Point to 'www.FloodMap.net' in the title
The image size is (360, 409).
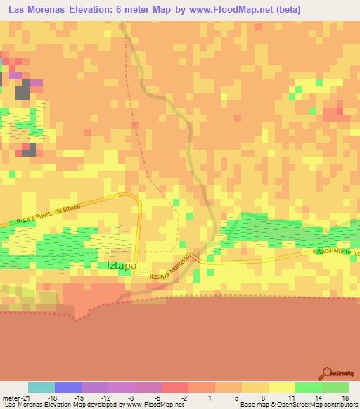point(229,10)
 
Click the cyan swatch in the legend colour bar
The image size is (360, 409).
point(41,387)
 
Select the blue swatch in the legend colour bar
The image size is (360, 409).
point(68,387)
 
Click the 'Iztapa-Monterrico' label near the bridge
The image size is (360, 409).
point(170,268)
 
